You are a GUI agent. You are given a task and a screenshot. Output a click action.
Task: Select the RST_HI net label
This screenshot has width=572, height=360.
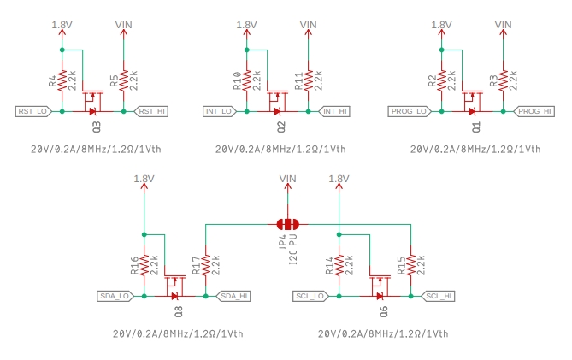tap(151, 111)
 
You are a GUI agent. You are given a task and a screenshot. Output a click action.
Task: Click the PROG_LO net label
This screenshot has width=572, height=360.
tap(408, 111)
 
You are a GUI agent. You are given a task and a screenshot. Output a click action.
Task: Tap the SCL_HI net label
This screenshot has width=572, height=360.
tap(438, 296)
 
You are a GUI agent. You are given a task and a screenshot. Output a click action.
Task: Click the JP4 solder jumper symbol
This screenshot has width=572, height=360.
tap(288, 224)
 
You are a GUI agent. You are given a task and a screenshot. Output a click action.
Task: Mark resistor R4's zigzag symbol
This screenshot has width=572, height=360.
tap(62, 80)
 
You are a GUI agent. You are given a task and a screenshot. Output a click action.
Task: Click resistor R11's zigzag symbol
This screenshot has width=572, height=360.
tap(309, 80)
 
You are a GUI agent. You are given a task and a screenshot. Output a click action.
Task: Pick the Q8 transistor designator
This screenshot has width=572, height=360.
tap(178, 312)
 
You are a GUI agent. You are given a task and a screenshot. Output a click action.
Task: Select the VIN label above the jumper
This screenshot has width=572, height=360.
tap(288, 178)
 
